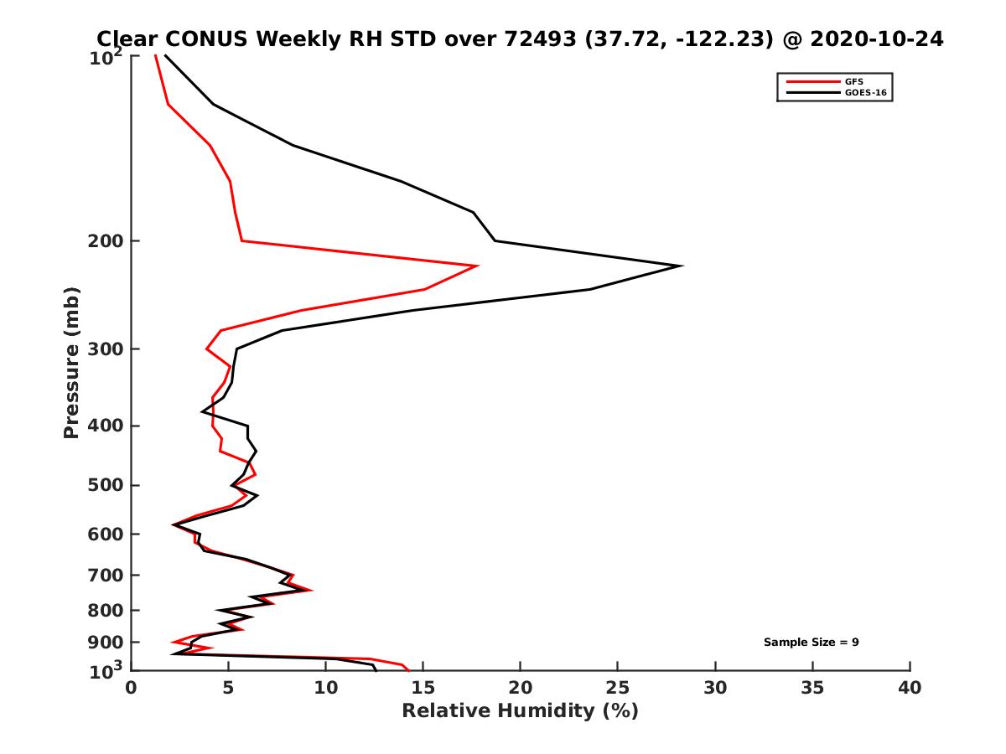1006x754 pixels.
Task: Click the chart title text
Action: (x=520, y=39)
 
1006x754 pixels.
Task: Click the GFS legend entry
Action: (x=854, y=81)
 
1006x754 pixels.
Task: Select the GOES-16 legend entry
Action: (x=864, y=93)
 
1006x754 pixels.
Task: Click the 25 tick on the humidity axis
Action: (x=618, y=688)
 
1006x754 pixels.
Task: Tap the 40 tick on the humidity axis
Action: (x=910, y=688)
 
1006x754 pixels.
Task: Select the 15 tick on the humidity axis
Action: (x=423, y=688)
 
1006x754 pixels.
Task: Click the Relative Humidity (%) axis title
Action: (x=520, y=711)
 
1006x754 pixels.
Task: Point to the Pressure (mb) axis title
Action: (x=71, y=363)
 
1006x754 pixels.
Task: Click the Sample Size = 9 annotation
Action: (x=811, y=643)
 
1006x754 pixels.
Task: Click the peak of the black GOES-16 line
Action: (x=681, y=266)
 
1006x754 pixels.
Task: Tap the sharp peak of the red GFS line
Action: (x=477, y=266)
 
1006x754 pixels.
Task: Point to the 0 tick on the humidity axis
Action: (x=132, y=688)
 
